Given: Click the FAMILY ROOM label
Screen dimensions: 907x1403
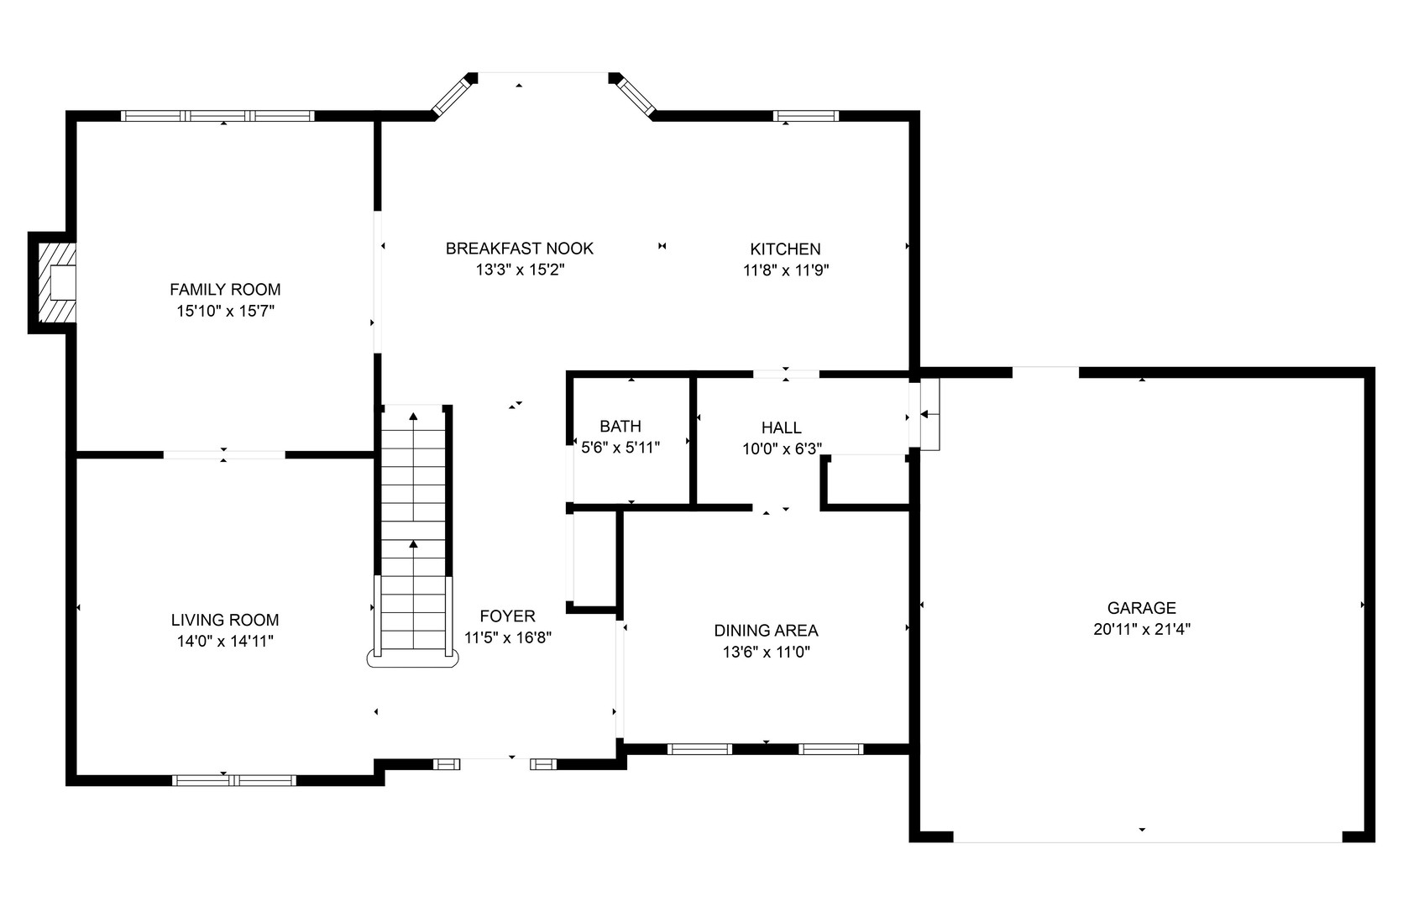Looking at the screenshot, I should pos(225,290).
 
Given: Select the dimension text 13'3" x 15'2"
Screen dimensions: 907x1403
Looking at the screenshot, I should pos(519,270).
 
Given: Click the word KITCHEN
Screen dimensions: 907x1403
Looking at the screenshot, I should pos(785,249).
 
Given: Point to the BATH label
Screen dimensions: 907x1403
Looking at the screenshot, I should pos(620,427).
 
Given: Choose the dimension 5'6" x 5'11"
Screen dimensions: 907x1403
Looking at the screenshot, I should pos(620,448).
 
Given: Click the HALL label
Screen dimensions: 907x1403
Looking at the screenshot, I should pos(781,428).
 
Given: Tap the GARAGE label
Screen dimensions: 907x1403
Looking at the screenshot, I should pos(1141,608).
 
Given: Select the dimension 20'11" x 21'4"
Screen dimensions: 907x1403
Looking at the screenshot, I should pos(1141,630).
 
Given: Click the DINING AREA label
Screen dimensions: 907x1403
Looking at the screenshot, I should pos(766,631).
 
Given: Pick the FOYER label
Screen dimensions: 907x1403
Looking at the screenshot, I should pos(507,616).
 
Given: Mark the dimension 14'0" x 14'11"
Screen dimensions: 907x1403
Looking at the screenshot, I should pos(225,642).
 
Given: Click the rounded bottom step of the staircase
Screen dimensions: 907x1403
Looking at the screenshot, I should pos(413,659).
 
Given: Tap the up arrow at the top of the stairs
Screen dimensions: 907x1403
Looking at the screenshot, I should pos(413,416).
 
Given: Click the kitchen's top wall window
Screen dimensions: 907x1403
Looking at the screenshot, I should pos(805,116).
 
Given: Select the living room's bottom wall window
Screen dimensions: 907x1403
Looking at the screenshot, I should pos(234,780).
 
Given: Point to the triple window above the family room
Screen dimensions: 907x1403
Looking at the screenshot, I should pos(217,116).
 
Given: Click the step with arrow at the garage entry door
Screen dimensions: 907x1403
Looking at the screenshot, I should pos(929,414).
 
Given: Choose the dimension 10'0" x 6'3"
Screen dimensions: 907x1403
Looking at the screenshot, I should pos(781,449).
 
